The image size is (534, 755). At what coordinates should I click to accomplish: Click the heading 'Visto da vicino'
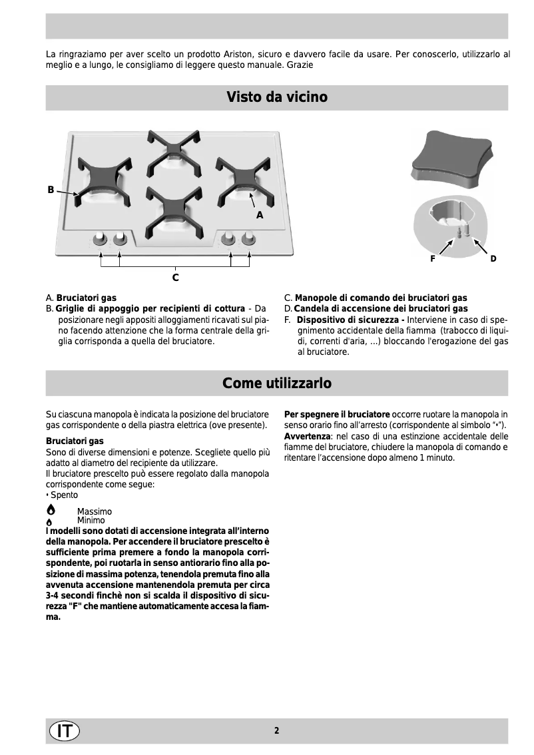click(276, 97)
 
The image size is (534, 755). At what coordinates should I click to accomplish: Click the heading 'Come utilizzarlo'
click(276, 383)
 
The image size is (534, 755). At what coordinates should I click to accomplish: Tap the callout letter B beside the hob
click(51, 190)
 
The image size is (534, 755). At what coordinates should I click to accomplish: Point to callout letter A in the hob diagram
click(260, 215)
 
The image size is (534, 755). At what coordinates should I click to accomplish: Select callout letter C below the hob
click(175, 276)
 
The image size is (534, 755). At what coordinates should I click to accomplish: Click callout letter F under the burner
click(432, 258)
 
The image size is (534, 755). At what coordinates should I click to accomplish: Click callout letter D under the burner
click(493, 258)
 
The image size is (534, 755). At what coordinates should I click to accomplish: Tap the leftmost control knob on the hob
click(100, 238)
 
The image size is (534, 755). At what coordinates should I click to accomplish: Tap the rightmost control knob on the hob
click(249, 238)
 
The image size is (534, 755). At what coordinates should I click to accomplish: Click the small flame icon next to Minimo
click(50, 521)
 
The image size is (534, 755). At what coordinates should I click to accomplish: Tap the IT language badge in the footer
click(64, 730)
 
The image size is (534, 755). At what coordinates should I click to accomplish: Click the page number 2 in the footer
click(276, 730)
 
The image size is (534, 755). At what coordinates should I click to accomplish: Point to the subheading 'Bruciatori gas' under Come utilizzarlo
click(75, 441)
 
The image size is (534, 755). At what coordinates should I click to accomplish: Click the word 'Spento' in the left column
click(64, 495)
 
